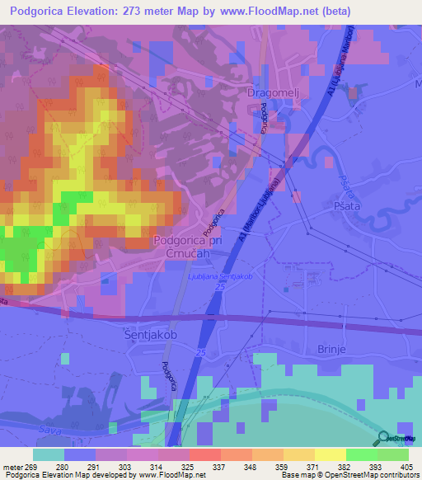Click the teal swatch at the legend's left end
coord(49,454)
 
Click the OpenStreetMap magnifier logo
coord(384,437)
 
